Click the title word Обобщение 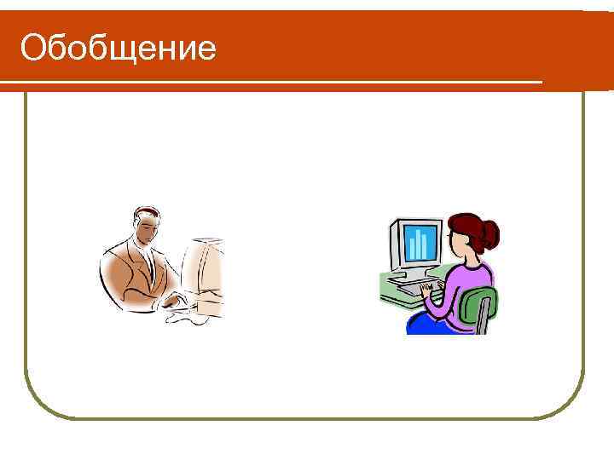[118, 49]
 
